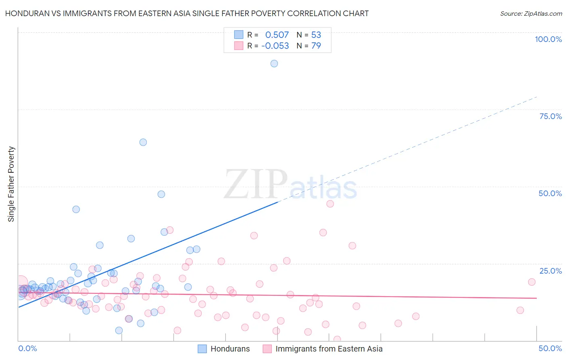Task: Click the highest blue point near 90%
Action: (274, 63)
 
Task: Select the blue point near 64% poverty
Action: (143, 142)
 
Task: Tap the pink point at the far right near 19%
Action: (532, 282)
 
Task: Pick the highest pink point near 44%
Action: (330, 204)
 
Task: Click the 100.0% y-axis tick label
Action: (548, 39)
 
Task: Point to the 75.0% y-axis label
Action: (550, 116)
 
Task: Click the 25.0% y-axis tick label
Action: (550, 271)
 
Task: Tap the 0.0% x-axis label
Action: (27, 348)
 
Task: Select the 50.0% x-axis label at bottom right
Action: (550, 348)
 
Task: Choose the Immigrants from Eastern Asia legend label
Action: (329, 349)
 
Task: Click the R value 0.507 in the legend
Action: (277, 35)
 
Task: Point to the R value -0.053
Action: (275, 46)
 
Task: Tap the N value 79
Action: (316, 46)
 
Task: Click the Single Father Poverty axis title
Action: (11, 184)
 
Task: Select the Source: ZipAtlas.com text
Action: (531, 14)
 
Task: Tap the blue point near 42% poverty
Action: (76, 209)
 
